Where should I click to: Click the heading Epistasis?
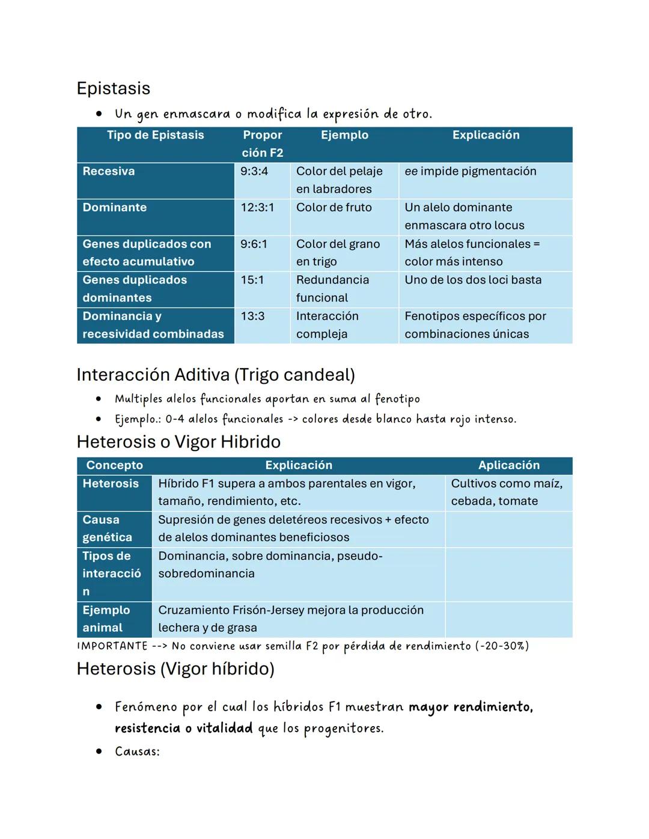tap(114, 88)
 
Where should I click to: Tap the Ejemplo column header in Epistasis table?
tap(344, 135)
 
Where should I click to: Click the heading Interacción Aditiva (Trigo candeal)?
tap(216, 375)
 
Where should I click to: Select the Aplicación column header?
tap(508, 465)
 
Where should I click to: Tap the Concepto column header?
tap(114, 465)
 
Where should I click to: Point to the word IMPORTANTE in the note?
tap(112, 646)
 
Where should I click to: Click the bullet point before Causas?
tap(99, 752)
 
